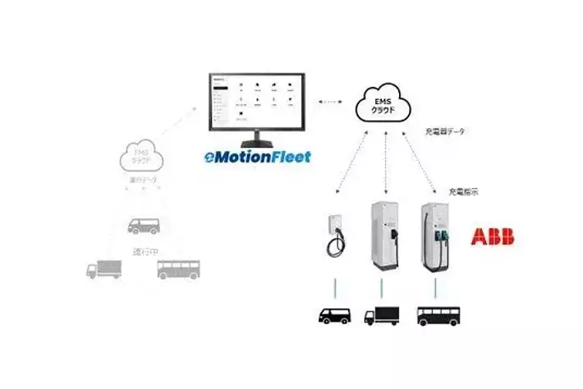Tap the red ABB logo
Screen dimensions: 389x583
[492, 237]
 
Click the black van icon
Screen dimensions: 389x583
[334, 314]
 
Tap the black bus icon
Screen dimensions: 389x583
[438, 315]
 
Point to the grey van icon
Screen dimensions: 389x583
[143, 225]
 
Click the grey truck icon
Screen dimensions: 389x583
[104, 270]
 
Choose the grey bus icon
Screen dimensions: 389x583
[177, 269]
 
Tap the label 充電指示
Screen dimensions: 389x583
[464, 191]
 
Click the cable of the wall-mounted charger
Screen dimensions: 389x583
[334, 245]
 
